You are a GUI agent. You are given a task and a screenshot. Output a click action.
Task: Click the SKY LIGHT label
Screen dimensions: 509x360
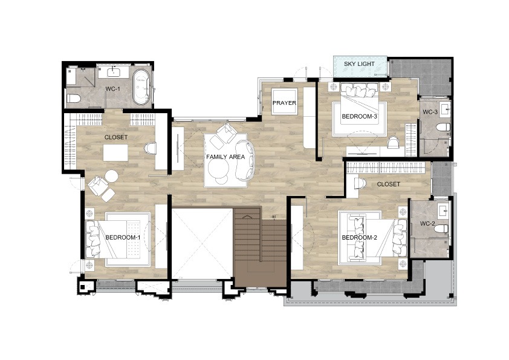click(x=359, y=64)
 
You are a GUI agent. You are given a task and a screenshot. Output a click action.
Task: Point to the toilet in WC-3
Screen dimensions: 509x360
click(x=443, y=126)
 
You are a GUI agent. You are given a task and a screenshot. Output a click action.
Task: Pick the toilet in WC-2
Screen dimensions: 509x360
click(x=441, y=229)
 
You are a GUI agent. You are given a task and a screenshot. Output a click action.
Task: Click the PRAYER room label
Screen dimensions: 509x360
click(x=284, y=103)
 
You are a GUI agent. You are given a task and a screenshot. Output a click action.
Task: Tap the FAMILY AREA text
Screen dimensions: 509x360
click(x=225, y=157)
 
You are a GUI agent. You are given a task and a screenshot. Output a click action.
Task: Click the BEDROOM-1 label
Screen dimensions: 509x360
click(x=123, y=238)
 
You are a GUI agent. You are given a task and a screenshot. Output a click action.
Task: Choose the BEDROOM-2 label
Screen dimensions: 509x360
click(x=359, y=238)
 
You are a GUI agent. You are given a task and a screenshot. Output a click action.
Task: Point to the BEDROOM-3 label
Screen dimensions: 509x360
click(x=359, y=116)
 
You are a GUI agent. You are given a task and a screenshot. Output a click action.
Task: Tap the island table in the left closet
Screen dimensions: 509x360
click(x=115, y=152)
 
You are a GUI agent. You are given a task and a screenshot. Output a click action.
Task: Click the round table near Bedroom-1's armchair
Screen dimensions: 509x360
click(x=111, y=177)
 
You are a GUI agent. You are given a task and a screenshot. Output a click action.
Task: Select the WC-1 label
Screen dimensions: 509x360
click(x=111, y=89)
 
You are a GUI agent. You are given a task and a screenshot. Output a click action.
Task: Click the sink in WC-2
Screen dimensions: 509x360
click(x=443, y=211)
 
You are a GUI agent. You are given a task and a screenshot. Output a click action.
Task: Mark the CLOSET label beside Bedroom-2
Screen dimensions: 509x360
click(x=388, y=184)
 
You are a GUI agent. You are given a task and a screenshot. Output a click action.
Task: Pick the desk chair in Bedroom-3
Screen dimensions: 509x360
click(x=393, y=142)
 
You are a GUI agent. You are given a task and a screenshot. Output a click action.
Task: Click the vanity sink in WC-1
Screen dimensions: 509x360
click(x=114, y=71)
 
